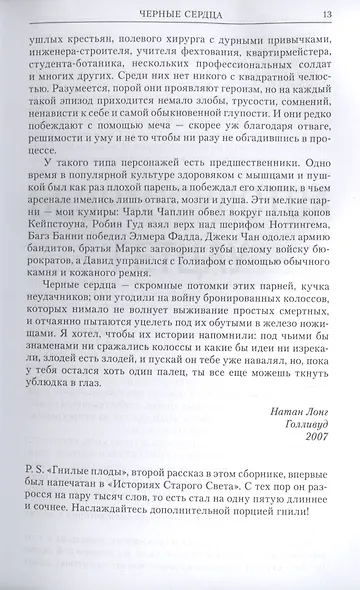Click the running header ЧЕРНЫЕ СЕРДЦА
click(181, 12)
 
